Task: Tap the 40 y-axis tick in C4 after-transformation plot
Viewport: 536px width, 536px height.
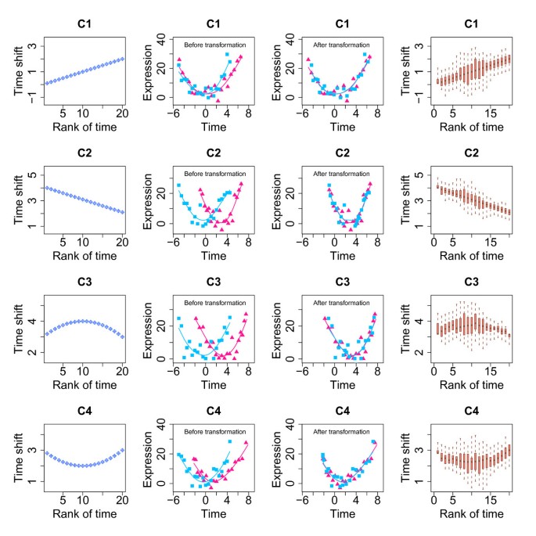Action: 289,425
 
